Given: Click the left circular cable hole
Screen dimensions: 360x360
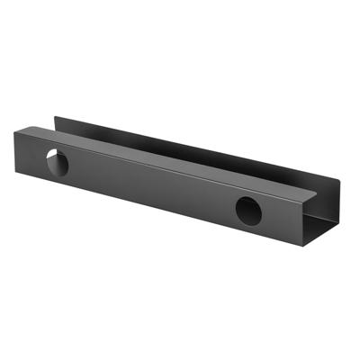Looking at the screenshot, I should tap(58, 164).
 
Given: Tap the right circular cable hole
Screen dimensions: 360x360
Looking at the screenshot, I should tap(249, 210).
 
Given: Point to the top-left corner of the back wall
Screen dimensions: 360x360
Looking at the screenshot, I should tap(55, 115).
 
